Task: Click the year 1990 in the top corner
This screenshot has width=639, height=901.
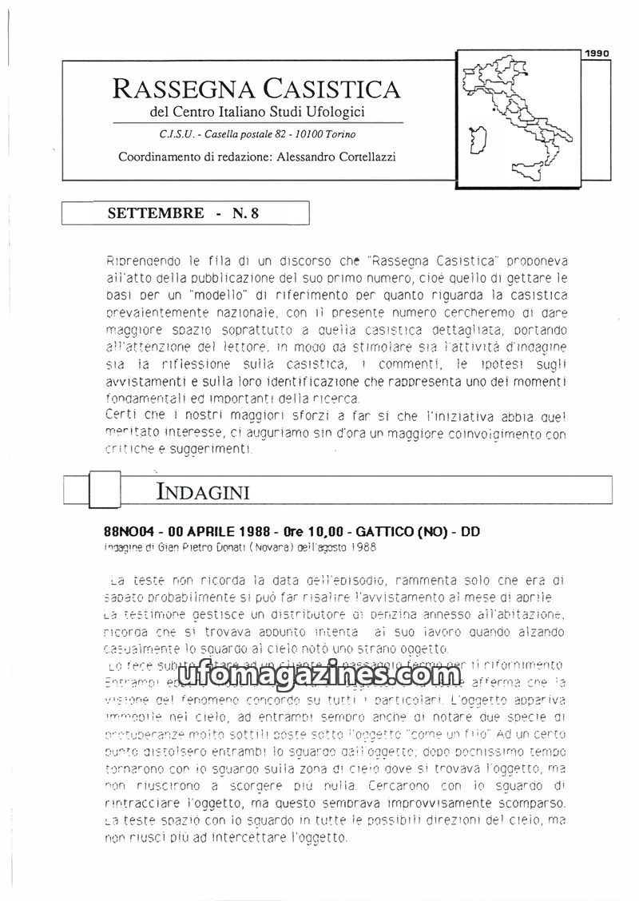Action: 597,54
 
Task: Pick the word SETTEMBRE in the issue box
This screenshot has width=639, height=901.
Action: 155,213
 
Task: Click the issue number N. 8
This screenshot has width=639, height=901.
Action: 244,213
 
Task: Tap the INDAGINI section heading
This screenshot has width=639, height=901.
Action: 203,490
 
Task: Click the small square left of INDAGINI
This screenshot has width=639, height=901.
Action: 105,489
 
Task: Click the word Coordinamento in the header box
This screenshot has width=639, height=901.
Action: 157,157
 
